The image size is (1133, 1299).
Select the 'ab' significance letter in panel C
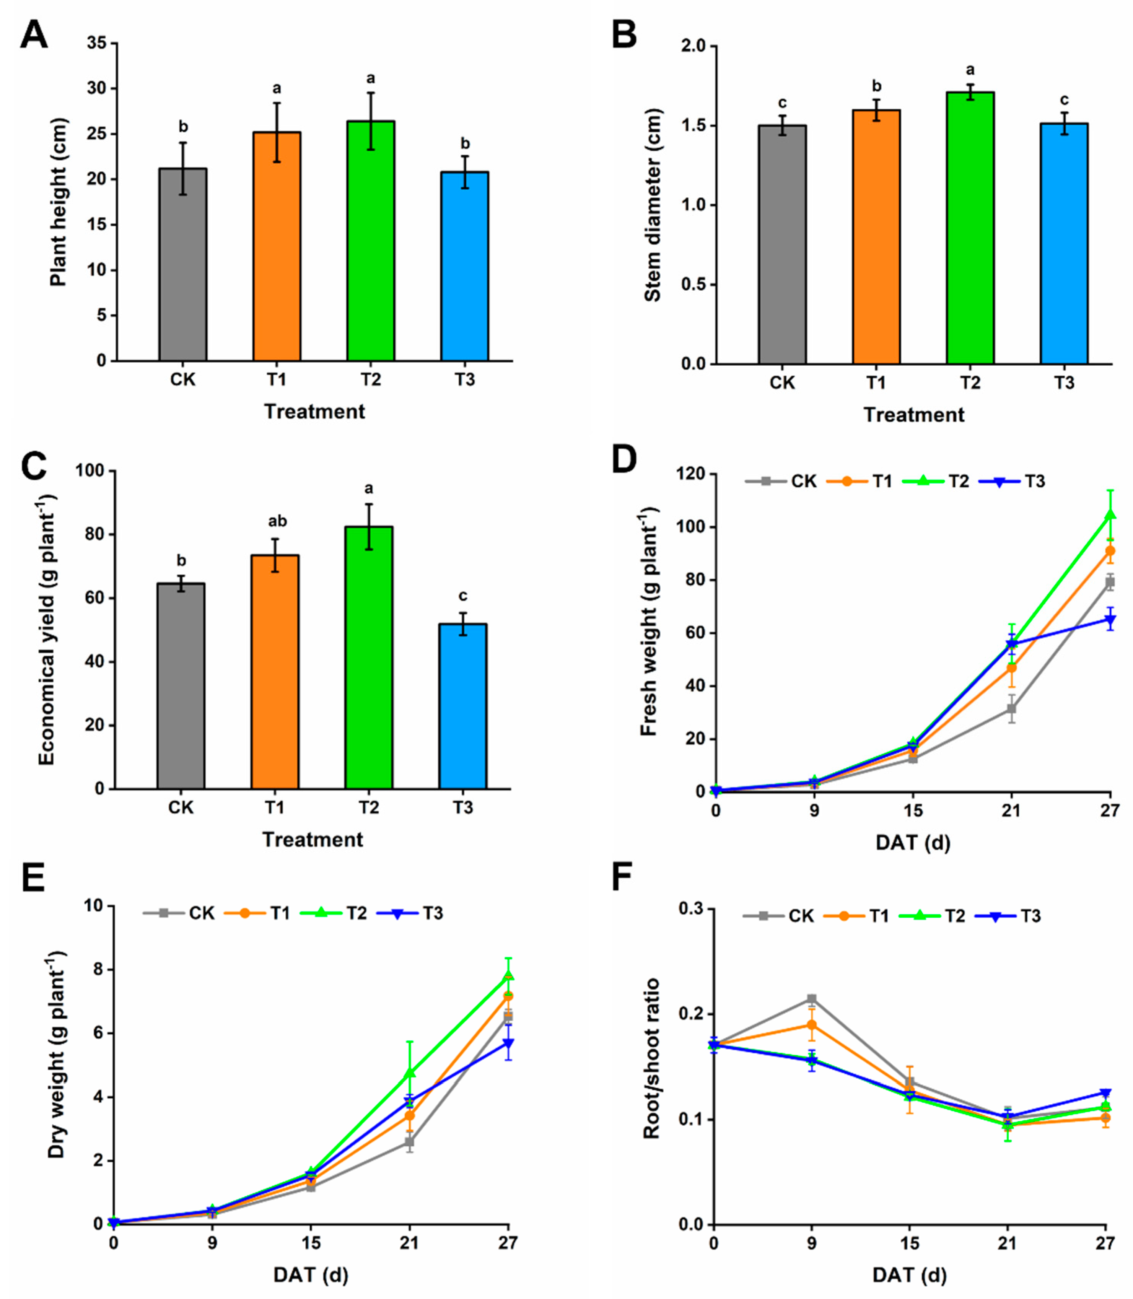coord(277,521)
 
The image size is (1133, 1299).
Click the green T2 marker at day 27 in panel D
coord(1110,515)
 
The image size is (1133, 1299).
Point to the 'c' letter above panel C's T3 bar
coord(463,596)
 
